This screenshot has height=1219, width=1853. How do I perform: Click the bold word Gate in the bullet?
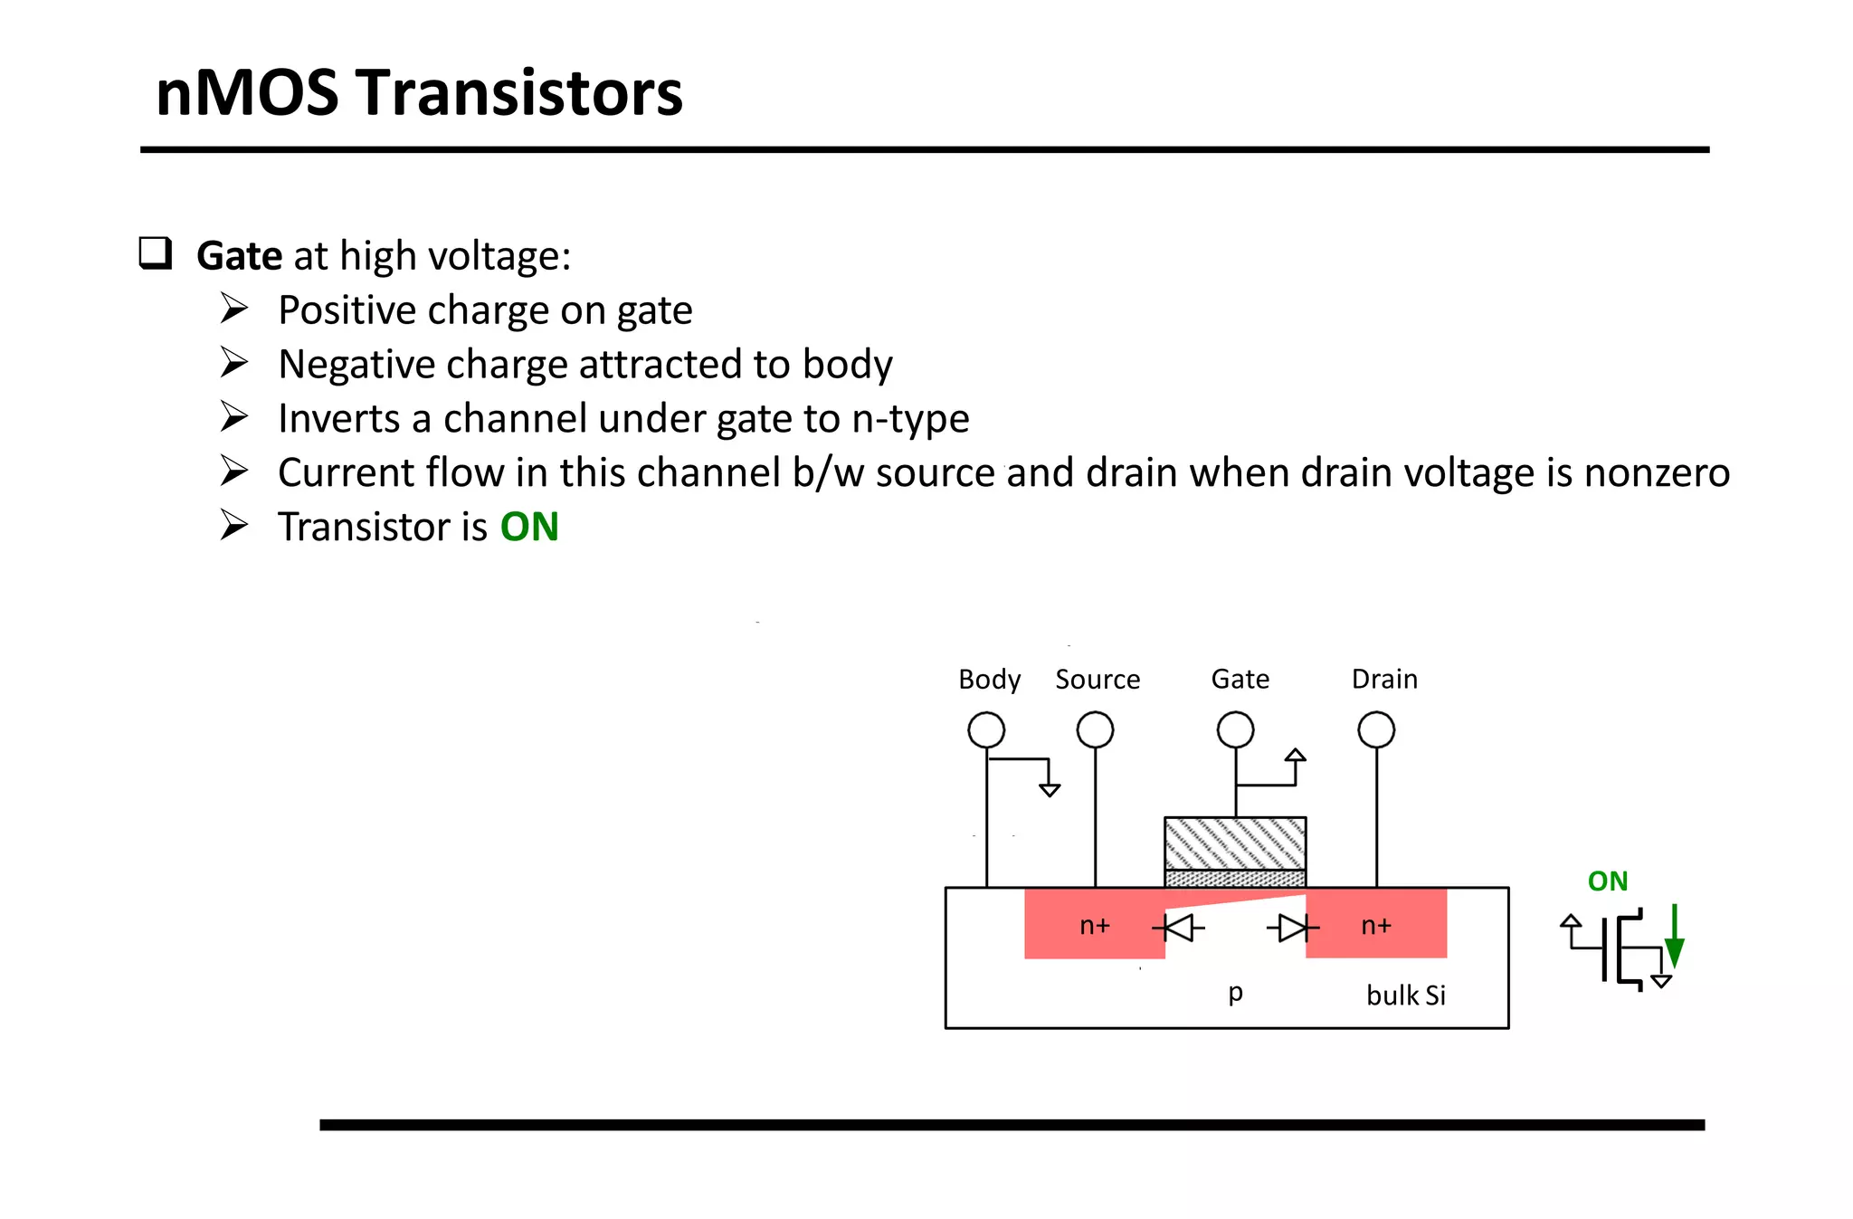(x=239, y=256)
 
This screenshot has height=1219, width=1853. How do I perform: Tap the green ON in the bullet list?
(x=529, y=527)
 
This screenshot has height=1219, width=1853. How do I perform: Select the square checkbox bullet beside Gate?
(x=155, y=252)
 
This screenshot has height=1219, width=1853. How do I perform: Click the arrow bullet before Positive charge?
(x=234, y=309)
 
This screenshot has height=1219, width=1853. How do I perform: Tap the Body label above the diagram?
(x=989, y=679)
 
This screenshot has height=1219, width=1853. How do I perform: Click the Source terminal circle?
(x=1095, y=729)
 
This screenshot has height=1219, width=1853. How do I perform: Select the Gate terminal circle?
(x=1235, y=729)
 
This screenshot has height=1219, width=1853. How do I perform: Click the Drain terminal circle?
(x=1376, y=729)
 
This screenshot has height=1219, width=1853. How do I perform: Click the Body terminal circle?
(x=986, y=729)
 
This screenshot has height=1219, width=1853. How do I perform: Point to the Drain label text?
(x=1384, y=679)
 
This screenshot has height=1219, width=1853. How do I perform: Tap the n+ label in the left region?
(x=1095, y=925)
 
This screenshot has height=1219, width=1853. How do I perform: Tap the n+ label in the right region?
(x=1376, y=925)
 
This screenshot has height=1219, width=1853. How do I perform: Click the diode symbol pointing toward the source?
(x=1179, y=928)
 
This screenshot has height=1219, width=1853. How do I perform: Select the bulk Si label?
(x=1405, y=995)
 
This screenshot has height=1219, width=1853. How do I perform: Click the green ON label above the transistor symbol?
(x=1608, y=881)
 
